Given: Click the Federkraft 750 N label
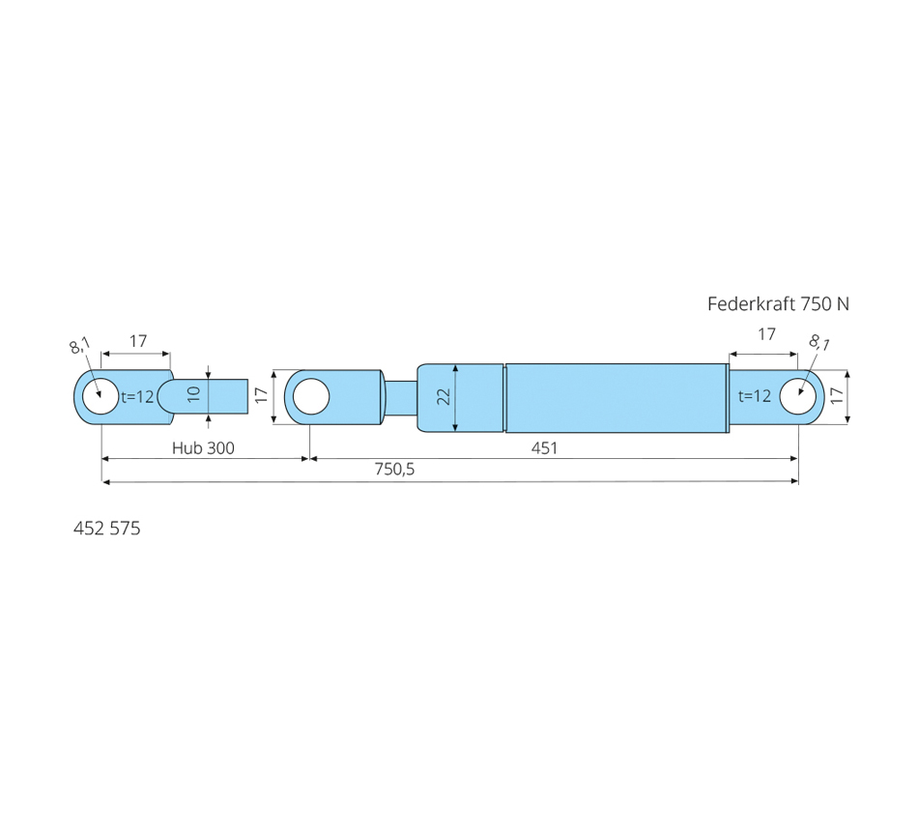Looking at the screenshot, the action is pyautogui.click(x=778, y=304).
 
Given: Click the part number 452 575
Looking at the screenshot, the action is pyautogui.click(x=106, y=529).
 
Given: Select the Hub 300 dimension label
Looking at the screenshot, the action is pyautogui.click(x=203, y=448).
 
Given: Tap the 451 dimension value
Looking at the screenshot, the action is pyautogui.click(x=544, y=448).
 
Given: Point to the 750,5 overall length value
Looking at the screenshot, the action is pyautogui.click(x=394, y=469).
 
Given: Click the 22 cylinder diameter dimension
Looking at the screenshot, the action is pyautogui.click(x=445, y=396).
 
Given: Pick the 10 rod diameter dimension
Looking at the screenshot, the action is pyautogui.click(x=195, y=393).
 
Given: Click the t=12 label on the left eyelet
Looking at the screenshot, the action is pyautogui.click(x=137, y=396).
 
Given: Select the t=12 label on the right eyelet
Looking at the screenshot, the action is pyautogui.click(x=755, y=396).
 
